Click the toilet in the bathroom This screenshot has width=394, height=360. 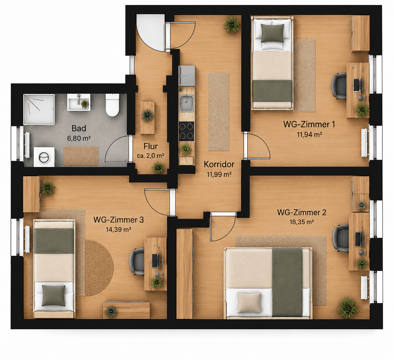click(112, 105)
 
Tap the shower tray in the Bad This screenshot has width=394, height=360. click(39, 109)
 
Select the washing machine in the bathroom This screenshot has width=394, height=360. click(44, 157)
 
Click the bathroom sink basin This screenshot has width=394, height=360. click(79, 102)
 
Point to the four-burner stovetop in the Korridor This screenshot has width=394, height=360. click(186, 131)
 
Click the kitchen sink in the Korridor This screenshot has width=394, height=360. click(186, 103)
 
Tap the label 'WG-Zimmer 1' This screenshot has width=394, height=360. click(309, 124)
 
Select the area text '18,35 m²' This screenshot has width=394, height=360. click(302, 222)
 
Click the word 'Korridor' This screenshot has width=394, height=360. click(219, 164)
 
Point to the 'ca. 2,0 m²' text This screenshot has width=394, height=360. click(151, 156)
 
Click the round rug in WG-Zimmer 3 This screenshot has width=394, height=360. click(99, 268)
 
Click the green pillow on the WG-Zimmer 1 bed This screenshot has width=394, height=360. click(272, 33)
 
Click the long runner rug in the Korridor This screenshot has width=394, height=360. click(219, 112)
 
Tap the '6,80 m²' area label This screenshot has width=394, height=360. click(79, 138)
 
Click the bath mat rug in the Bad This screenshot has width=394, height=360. click(81, 156)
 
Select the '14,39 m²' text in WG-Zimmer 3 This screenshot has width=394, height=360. click(119, 229)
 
